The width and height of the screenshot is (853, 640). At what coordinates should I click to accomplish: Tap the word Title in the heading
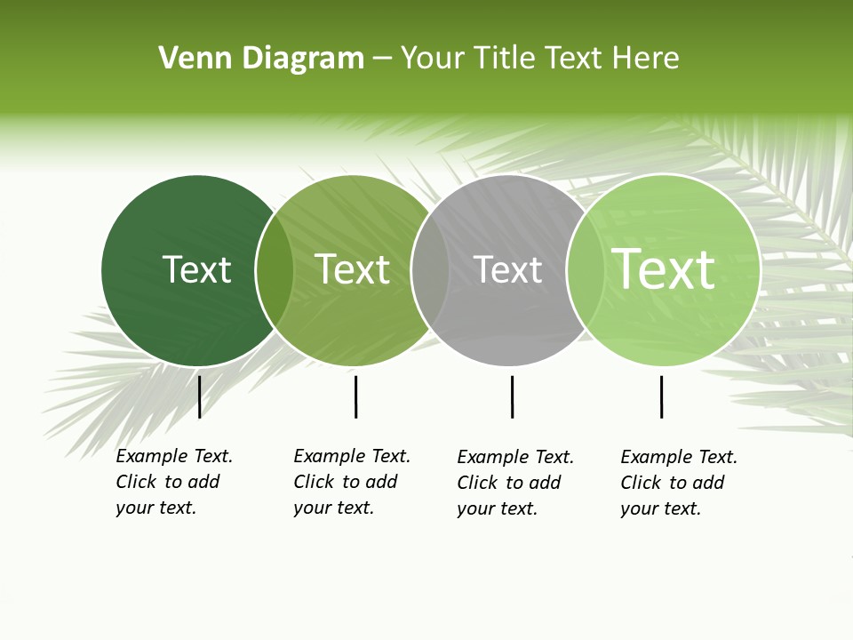(x=506, y=59)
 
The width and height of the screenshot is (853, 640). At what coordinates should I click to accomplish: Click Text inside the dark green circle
(x=196, y=269)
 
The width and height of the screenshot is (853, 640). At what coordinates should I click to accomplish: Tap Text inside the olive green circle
(x=353, y=269)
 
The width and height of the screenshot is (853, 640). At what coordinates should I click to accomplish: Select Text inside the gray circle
(x=507, y=269)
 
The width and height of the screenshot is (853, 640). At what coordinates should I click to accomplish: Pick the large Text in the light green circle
(x=664, y=269)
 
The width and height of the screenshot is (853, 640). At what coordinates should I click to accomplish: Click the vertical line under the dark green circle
(x=199, y=396)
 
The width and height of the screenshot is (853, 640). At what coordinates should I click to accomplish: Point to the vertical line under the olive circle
(x=355, y=396)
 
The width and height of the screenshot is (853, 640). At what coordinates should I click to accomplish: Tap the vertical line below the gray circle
(x=512, y=396)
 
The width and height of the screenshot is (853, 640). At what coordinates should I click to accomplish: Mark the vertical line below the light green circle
(x=661, y=396)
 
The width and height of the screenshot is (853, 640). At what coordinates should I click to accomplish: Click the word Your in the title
(x=433, y=59)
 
